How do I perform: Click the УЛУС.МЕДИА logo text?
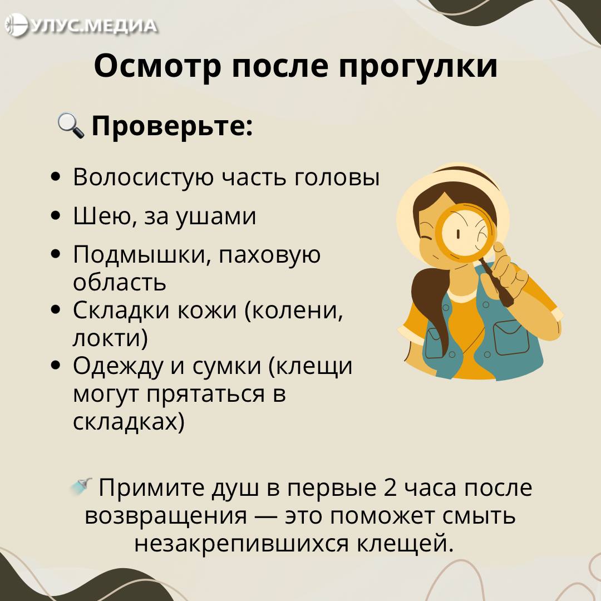point(93,26)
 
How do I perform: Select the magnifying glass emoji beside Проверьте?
point(71,125)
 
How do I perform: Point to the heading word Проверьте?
point(172,126)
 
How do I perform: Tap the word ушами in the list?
point(216,216)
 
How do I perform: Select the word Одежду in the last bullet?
point(117,367)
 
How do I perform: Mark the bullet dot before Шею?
point(56,216)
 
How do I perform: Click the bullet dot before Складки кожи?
point(56,310)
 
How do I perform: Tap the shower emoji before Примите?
point(81,486)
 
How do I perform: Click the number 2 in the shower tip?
point(390,488)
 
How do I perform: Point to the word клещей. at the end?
point(406,544)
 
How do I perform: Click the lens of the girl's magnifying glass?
point(465,233)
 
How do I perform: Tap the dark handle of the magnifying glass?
point(497,283)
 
